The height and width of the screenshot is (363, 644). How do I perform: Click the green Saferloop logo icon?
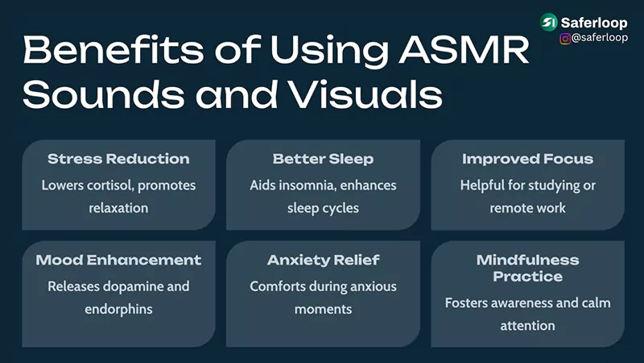coord(550,23)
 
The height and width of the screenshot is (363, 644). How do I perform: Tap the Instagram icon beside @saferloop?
coord(565,38)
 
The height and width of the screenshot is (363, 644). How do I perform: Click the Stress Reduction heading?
coord(118,159)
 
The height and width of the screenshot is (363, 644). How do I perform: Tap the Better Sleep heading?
coord(323,159)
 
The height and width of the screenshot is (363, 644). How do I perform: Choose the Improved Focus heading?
coord(527,159)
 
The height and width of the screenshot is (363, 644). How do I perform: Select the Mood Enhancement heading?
coord(118,260)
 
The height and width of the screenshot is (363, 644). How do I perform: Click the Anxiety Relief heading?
coord(323,260)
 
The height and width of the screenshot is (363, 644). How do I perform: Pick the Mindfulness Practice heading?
coord(527,268)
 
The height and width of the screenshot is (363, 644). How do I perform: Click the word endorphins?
coord(118,309)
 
